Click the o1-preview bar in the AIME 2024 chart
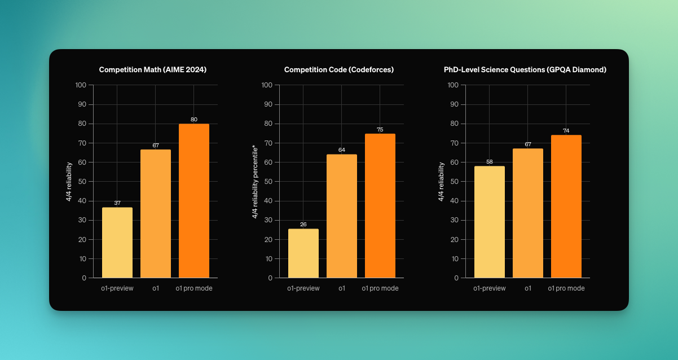coord(117,243)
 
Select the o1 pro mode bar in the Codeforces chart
coord(380,206)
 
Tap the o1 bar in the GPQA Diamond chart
coord(528,213)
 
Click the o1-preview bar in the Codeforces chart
coord(303,253)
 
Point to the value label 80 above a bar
coord(194,120)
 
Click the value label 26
coord(303,225)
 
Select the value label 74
coord(566,131)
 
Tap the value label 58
coord(490,162)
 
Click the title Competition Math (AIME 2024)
coord(153,70)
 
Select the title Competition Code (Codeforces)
coord(339,70)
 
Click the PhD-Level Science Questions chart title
coord(525,70)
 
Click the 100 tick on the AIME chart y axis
coord(81,85)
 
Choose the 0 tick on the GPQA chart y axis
coord(456,278)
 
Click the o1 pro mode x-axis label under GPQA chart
coord(566,288)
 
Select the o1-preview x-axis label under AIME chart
coord(117,288)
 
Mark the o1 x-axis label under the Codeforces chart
coord(342,288)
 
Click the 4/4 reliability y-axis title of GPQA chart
coord(441,182)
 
